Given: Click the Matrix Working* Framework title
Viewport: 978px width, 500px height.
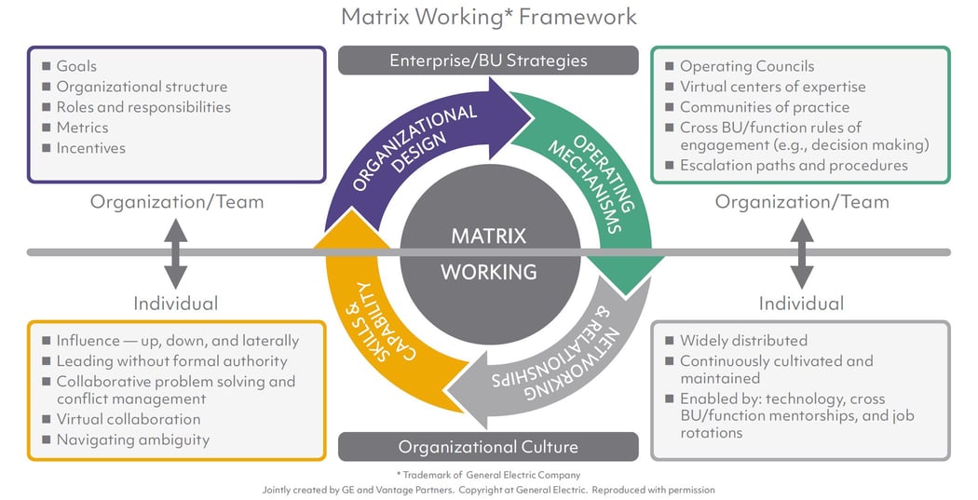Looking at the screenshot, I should click(x=489, y=17).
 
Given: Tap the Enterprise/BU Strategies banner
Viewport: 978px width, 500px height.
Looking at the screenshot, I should click(x=488, y=61).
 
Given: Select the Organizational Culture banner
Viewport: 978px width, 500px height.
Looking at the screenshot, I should click(x=488, y=447).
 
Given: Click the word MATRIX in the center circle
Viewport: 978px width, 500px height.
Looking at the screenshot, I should click(x=488, y=236).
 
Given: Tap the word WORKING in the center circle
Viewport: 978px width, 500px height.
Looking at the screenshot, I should click(x=488, y=273).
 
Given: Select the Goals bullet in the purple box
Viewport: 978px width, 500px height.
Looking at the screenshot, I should click(x=76, y=66).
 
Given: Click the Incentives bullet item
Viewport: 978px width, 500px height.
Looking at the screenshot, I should click(x=90, y=148).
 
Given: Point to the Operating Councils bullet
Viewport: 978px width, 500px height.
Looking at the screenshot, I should click(x=746, y=66).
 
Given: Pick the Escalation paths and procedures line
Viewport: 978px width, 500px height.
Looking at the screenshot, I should click(x=793, y=165).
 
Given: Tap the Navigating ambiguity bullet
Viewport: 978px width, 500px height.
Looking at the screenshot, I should click(x=132, y=439).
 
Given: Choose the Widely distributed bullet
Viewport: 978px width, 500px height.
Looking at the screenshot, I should click(x=743, y=340).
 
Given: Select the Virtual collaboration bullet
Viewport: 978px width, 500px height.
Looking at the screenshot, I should click(x=128, y=419).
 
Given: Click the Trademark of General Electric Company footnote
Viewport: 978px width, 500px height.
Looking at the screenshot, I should click(x=488, y=475).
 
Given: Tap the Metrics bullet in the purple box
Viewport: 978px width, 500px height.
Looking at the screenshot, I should click(x=82, y=128).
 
